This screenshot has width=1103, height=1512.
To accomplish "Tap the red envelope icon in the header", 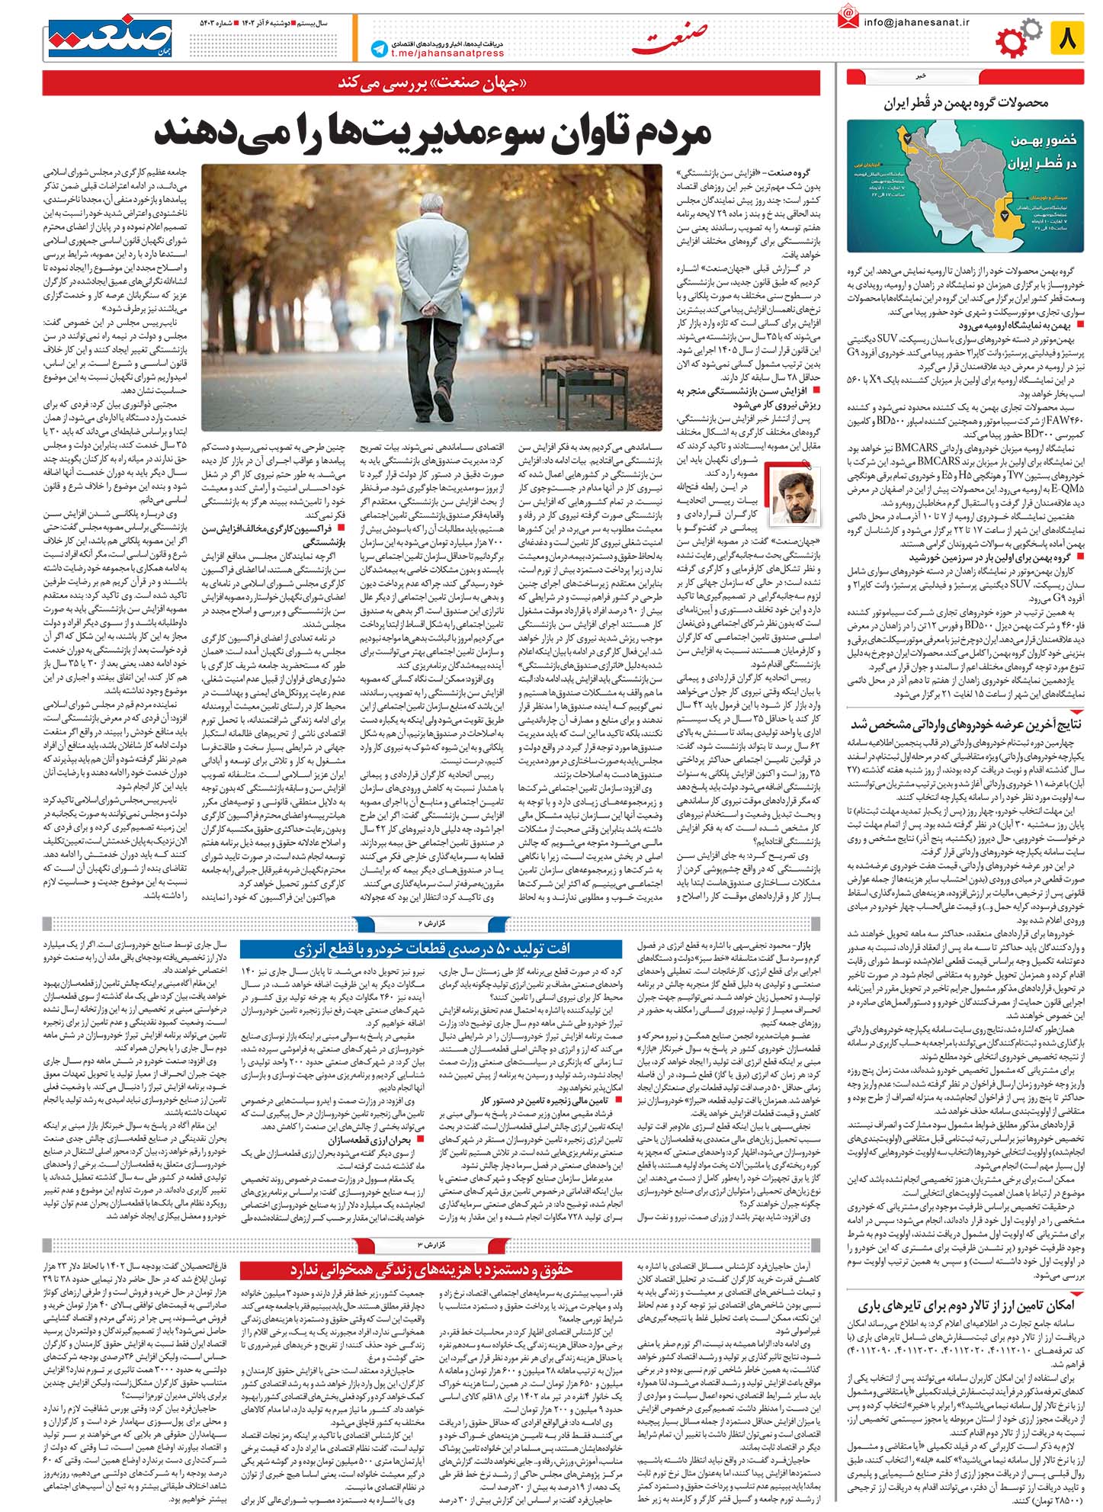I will coord(847,17).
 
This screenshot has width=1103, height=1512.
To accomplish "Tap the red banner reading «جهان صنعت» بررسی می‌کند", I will coord(432,83).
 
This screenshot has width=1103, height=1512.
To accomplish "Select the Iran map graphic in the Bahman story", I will coord(966,188).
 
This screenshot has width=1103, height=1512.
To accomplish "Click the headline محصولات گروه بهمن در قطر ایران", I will coord(966,103).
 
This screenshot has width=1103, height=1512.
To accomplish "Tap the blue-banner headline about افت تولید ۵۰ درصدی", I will coord(432,949).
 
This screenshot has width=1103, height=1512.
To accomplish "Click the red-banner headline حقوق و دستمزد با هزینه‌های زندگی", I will coord(432,1270).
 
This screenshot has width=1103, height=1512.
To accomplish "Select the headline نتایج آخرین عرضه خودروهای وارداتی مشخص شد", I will coord(966,724).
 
